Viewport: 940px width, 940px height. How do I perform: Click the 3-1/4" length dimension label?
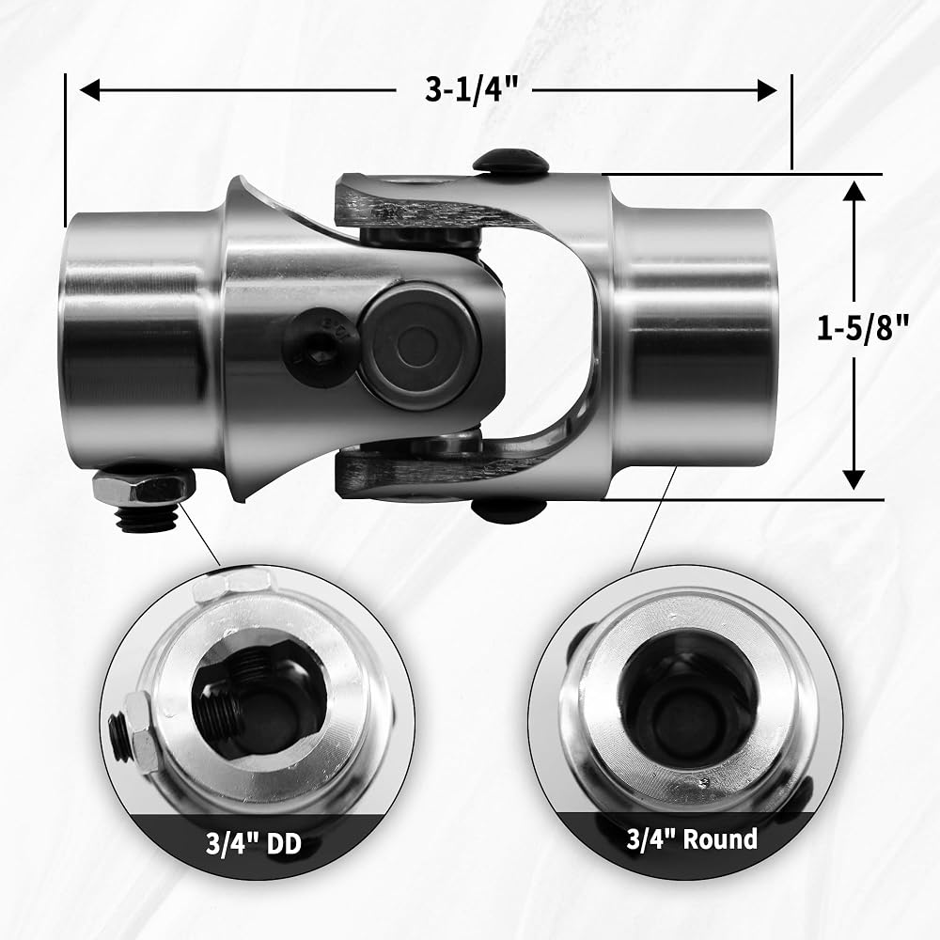[471, 90]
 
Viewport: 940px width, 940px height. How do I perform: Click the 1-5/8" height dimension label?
[863, 328]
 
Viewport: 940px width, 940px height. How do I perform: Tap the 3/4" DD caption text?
[254, 845]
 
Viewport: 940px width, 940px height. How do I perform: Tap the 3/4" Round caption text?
[692, 838]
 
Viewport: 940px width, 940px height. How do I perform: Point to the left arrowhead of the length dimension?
[90, 91]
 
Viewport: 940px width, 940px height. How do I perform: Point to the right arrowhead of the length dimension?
[767, 91]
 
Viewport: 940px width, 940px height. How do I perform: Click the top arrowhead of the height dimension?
[854, 192]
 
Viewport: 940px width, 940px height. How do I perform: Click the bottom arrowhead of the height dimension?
[854, 479]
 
